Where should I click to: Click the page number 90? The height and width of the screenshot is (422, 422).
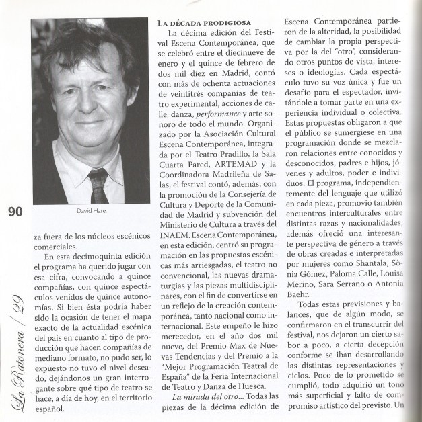(15, 212)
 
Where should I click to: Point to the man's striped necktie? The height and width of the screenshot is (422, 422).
(98, 181)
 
